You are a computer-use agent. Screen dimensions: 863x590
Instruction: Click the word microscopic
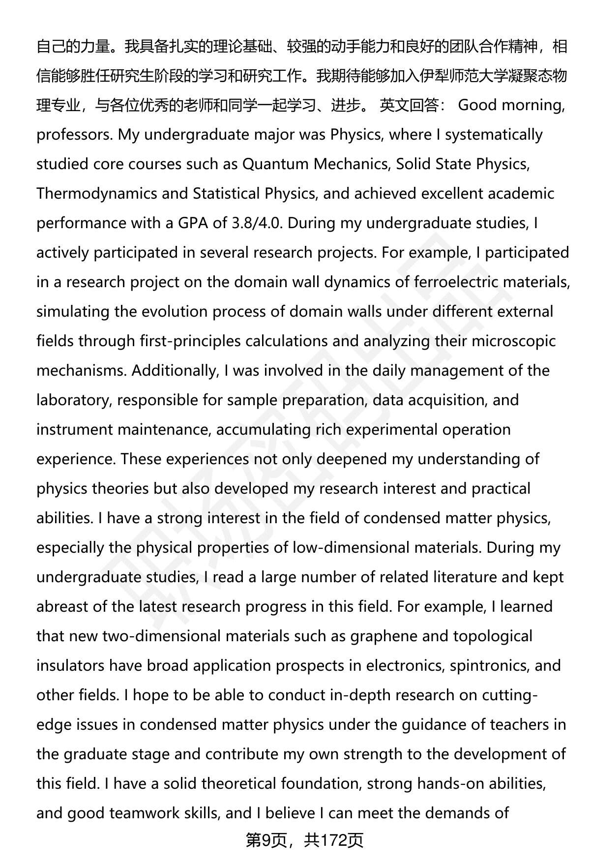(x=513, y=341)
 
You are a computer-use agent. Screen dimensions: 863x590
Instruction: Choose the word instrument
(x=75, y=430)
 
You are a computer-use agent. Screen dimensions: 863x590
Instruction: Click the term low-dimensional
(x=351, y=548)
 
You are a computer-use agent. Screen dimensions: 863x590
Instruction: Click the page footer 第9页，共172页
(x=304, y=841)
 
